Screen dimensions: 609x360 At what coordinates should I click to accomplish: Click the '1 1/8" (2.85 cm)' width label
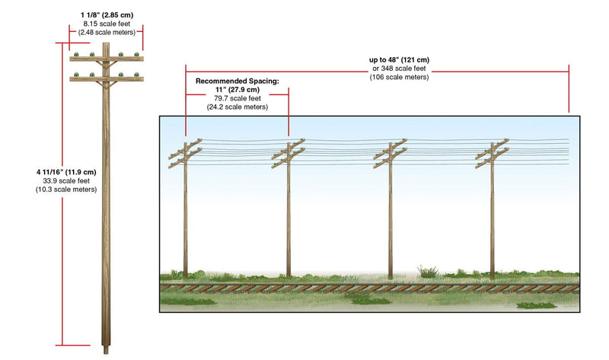click(107, 15)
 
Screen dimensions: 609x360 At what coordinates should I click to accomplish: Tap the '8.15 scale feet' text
click(107, 24)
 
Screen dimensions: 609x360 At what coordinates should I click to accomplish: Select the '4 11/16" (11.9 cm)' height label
click(66, 172)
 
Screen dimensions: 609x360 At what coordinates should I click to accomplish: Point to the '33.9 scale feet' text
click(66, 180)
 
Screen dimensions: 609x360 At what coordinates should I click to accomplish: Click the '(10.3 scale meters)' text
click(66, 190)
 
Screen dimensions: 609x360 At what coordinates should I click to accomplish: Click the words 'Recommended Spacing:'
click(238, 81)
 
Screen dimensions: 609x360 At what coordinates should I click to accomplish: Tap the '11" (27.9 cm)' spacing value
click(238, 90)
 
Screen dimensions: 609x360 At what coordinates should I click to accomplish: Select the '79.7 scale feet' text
click(238, 98)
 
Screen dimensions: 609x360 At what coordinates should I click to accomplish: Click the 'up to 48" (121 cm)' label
click(399, 60)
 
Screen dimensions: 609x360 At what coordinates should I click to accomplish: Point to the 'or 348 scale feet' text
click(399, 68)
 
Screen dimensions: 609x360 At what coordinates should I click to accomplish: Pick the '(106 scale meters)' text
click(399, 77)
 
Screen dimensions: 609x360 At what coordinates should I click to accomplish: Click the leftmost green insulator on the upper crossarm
click(77, 54)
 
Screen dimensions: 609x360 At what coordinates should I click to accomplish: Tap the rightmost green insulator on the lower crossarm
click(137, 75)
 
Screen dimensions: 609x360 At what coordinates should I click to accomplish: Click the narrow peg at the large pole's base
click(106, 350)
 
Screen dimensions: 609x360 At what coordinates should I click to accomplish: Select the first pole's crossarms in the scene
click(185, 154)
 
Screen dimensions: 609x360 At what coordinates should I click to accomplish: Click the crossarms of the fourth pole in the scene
click(492, 154)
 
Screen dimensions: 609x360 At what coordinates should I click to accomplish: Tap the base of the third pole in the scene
click(391, 276)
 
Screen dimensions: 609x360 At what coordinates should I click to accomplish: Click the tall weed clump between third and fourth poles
click(428, 272)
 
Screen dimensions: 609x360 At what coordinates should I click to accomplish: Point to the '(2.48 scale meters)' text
click(107, 33)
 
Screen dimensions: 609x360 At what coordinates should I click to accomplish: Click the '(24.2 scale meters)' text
click(238, 107)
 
